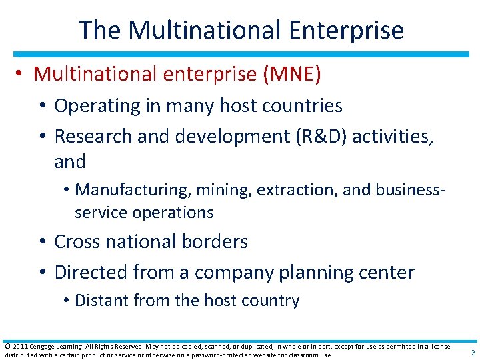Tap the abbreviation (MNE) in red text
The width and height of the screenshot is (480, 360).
[x=292, y=74]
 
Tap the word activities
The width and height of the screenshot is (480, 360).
[x=393, y=136]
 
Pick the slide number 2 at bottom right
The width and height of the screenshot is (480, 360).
[x=472, y=353]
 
